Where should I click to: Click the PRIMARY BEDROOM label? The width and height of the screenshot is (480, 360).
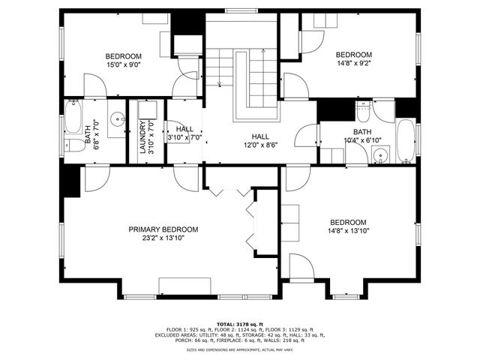point(163,229)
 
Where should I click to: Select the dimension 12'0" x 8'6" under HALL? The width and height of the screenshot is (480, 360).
point(260,145)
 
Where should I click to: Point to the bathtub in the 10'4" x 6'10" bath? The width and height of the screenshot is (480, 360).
point(405,140)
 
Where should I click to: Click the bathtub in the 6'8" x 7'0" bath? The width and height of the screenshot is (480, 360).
point(72,118)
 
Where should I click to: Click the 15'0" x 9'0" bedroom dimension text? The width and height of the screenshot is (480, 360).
point(123,65)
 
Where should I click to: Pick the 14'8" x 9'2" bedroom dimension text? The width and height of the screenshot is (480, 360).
point(353,64)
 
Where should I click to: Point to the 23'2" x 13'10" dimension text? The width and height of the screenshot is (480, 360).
point(163,238)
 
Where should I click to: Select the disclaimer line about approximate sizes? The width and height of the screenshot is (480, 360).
point(240,349)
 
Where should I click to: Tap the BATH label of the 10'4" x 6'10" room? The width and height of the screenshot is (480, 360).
point(352,132)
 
